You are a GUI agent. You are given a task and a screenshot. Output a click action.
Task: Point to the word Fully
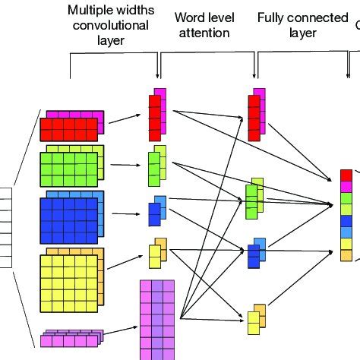point(273,17)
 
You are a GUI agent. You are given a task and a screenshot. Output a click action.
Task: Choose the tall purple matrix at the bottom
point(157,319)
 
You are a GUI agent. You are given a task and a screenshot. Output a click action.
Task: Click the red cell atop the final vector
point(346,175)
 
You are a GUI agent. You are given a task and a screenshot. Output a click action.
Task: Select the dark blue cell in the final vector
point(346,220)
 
